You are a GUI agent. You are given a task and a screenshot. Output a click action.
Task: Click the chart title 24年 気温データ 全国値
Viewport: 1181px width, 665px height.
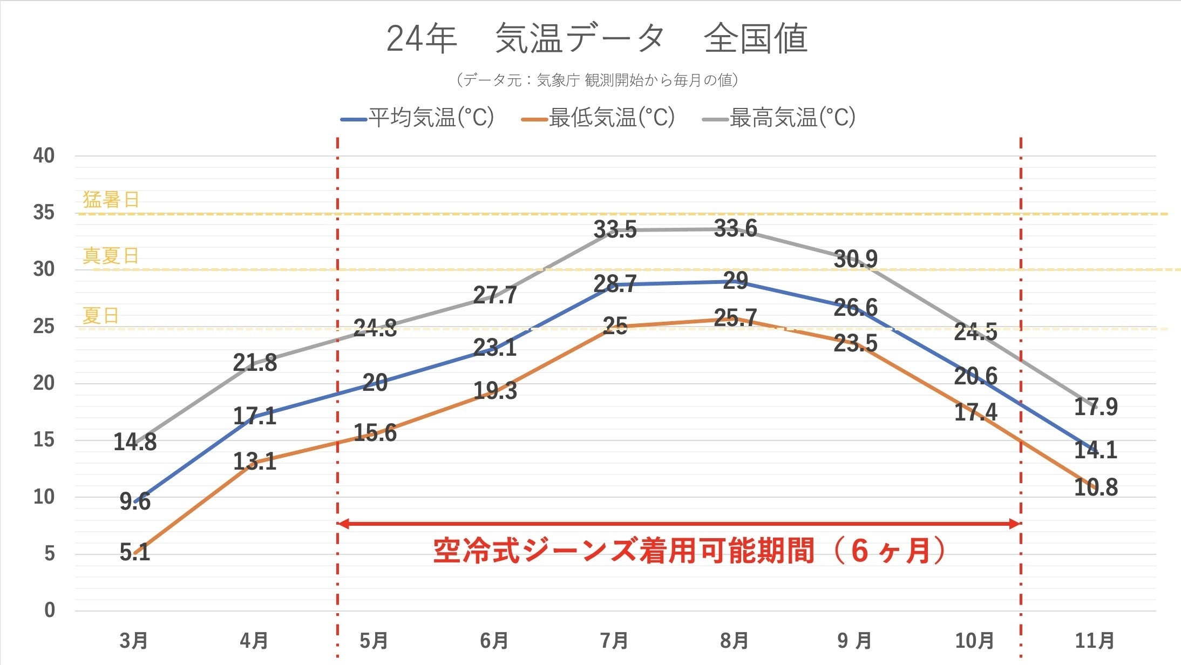(x=596, y=39)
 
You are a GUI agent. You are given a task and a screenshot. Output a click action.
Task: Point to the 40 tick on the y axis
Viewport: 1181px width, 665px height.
(x=44, y=156)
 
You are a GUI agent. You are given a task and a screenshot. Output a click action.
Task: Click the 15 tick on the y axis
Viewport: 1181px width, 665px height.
(x=44, y=440)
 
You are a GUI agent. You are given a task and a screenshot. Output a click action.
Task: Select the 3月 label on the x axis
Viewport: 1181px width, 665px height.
(x=134, y=641)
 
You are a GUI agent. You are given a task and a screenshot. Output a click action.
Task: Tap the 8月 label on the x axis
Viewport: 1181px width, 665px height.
(x=735, y=641)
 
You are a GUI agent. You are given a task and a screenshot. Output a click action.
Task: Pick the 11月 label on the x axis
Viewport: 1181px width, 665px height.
(x=1095, y=641)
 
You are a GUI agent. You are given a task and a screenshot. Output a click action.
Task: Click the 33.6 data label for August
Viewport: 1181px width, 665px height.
(x=735, y=228)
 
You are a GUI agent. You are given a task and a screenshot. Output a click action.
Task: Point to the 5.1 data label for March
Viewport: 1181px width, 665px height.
(x=134, y=552)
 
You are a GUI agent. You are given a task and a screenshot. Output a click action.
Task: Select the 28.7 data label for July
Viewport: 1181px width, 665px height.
(x=615, y=284)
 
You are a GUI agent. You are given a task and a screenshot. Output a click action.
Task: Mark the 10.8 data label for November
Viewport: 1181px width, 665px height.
(x=1096, y=487)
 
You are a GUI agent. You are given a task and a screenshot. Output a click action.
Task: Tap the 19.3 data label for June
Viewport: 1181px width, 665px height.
(x=495, y=391)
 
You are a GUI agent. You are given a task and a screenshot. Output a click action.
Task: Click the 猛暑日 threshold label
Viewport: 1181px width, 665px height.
(x=111, y=200)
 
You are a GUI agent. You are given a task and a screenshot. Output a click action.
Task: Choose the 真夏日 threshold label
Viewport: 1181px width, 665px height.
(x=111, y=255)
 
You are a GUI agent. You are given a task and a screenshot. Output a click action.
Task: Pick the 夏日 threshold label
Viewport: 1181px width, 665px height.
(x=100, y=315)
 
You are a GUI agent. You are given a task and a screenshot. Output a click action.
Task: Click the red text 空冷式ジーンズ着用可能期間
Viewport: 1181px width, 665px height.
(x=623, y=551)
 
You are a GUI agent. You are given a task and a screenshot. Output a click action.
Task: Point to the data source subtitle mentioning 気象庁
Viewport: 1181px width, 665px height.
(x=596, y=80)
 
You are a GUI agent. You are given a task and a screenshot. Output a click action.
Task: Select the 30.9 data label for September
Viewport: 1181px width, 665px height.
(x=856, y=259)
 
